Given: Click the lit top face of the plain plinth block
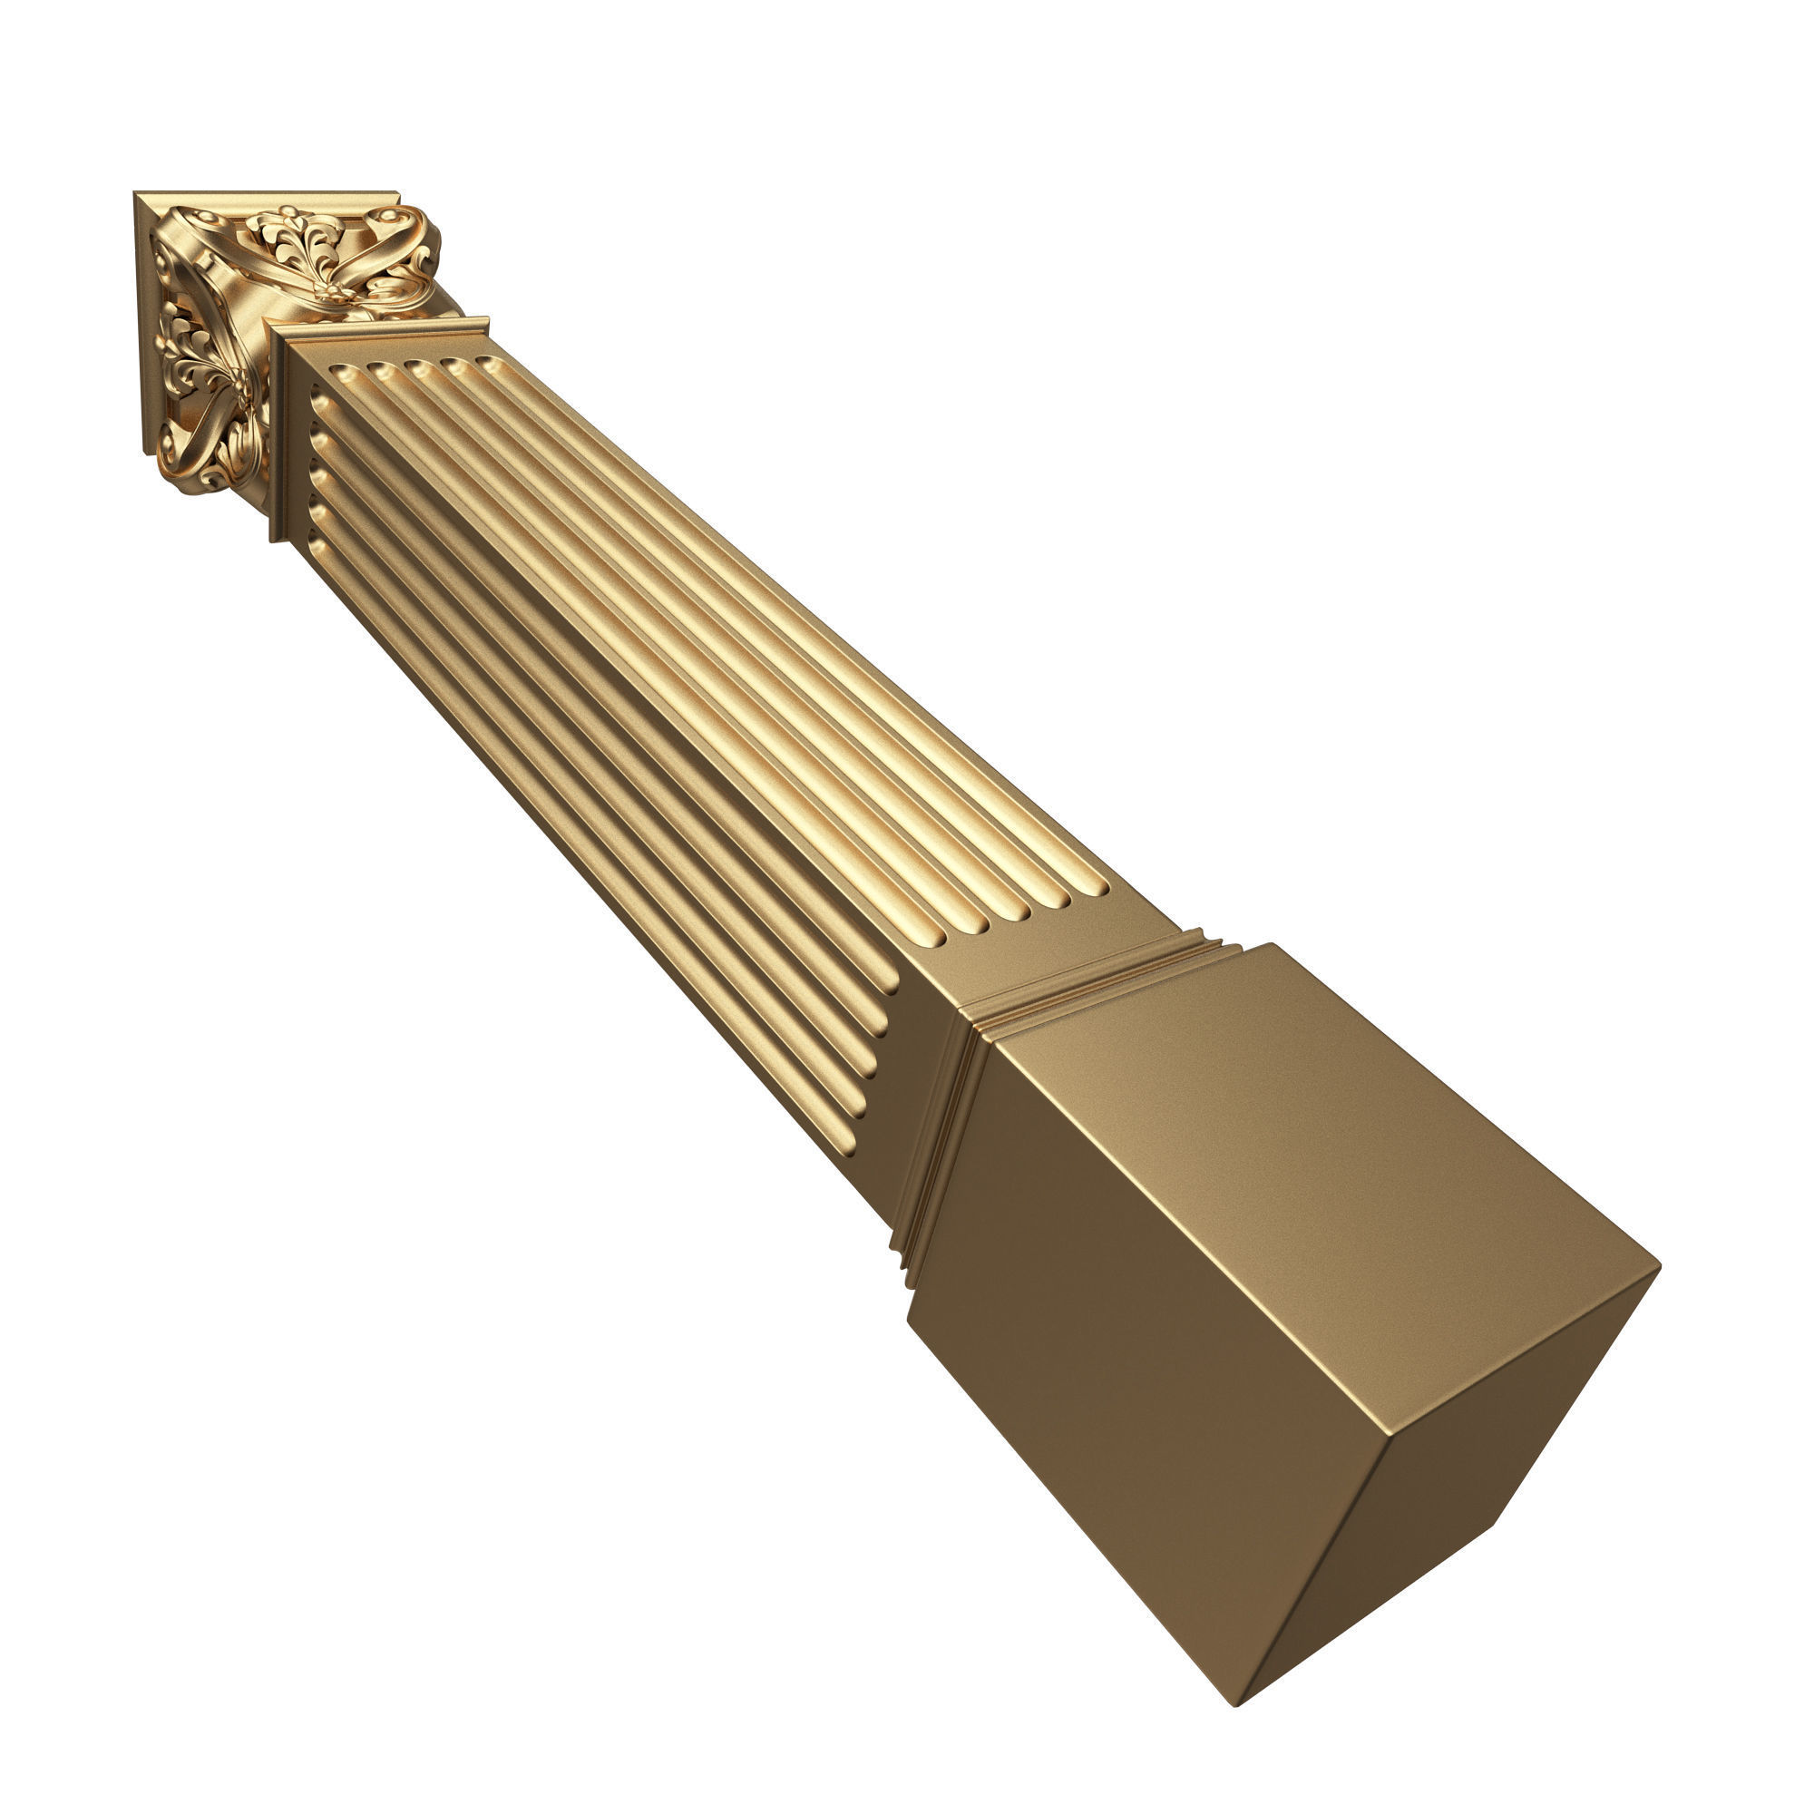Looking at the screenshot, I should click(x=1314, y=1108).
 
